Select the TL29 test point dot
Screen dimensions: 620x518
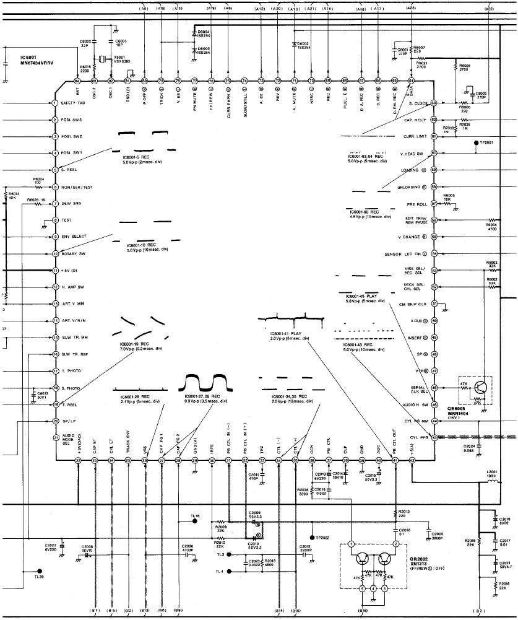point(39,571)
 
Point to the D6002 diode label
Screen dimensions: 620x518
point(300,45)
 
